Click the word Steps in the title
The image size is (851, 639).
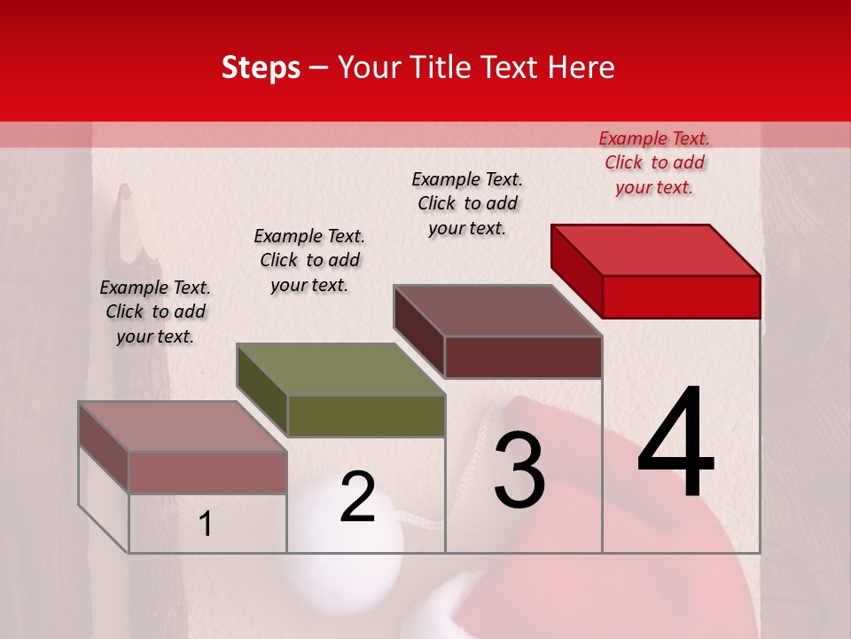click(261, 67)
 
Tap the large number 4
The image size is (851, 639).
click(676, 443)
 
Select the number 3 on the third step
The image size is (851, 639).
click(519, 471)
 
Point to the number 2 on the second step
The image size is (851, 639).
click(358, 497)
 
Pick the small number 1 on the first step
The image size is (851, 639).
click(206, 524)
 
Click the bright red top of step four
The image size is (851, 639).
click(656, 249)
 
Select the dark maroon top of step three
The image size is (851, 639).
click(498, 311)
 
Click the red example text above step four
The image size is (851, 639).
click(654, 162)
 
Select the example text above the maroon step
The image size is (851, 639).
click(467, 203)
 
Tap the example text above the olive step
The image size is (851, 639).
click(309, 260)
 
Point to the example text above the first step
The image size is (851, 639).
click(155, 312)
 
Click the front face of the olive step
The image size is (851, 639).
click(366, 415)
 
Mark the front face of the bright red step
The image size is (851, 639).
click(681, 296)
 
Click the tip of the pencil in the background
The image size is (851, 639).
click(126, 189)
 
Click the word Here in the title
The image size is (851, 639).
click(582, 67)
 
